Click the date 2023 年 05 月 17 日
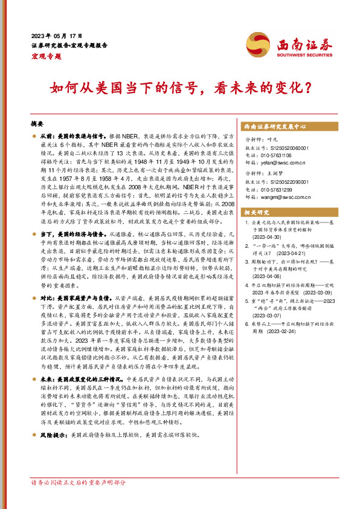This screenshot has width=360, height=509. [x=56, y=34]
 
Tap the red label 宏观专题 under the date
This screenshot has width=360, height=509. [x=46, y=55]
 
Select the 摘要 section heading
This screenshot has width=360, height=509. [x=37, y=123]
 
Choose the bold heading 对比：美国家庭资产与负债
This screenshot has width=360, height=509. [x=76, y=298]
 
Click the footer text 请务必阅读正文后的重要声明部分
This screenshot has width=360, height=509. [x=79, y=482]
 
